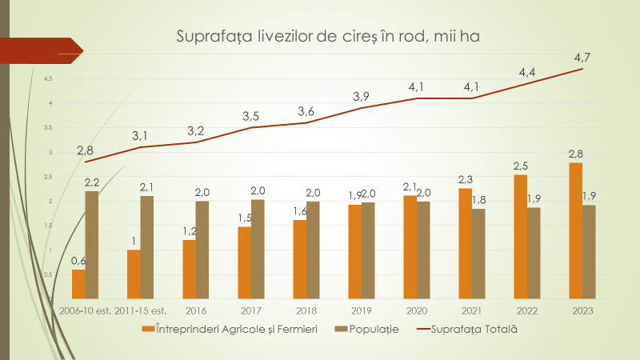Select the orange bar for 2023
pyautogui.click(x=575, y=230)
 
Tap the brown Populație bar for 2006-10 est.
pyautogui.click(x=92, y=245)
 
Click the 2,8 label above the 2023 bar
pyautogui.click(x=575, y=153)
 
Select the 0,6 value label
pyautogui.click(x=79, y=260)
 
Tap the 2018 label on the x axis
pyautogui.click(x=306, y=310)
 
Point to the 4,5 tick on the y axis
pyautogui.click(x=48, y=78)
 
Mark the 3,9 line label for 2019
pyautogui.click(x=361, y=97)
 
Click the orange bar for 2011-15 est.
pyautogui.click(x=134, y=274)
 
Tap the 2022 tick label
pyautogui.click(x=527, y=310)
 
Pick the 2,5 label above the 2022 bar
pyautogui.click(x=521, y=166)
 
